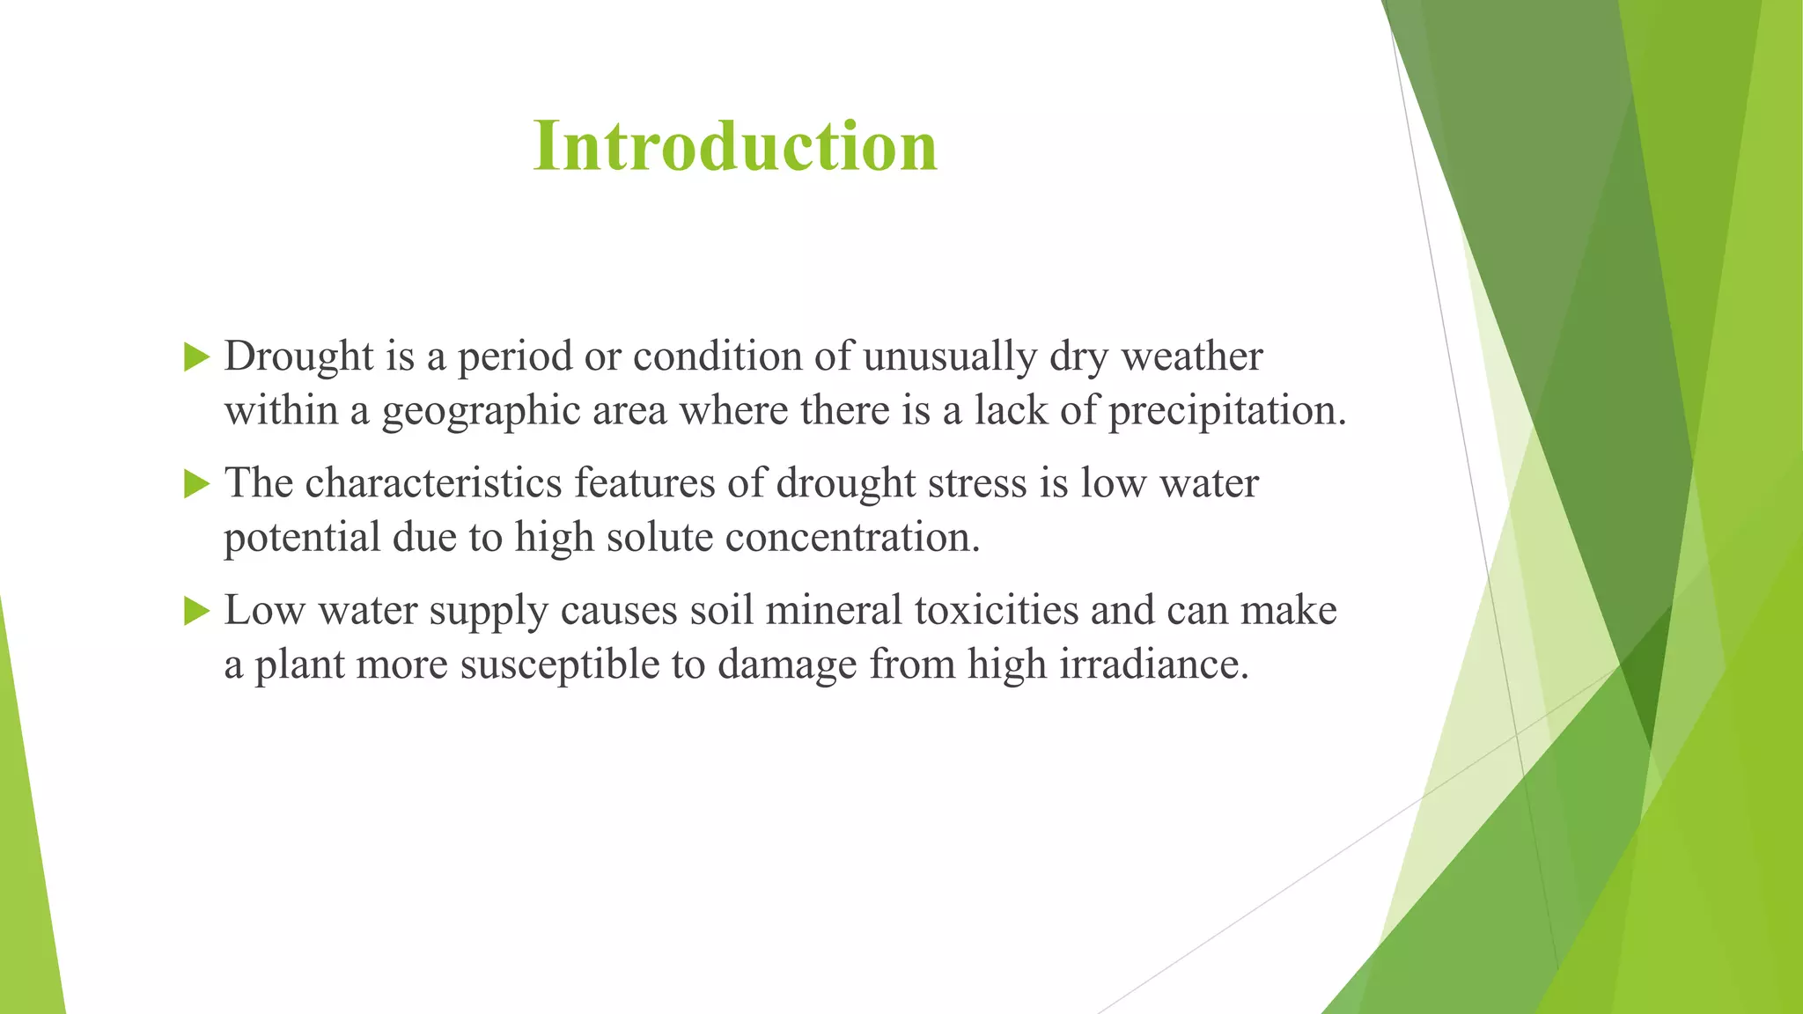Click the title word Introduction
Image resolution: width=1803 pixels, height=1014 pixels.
pyautogui.click(x=735, y=146)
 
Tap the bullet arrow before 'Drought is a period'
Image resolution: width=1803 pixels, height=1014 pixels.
pyautogui.click(x=196, y=357)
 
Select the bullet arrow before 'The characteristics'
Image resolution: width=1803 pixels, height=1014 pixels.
pyautogui.click(x=196, y=484)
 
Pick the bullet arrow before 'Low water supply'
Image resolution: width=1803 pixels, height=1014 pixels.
pyautogui.click(x=196, y=611)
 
